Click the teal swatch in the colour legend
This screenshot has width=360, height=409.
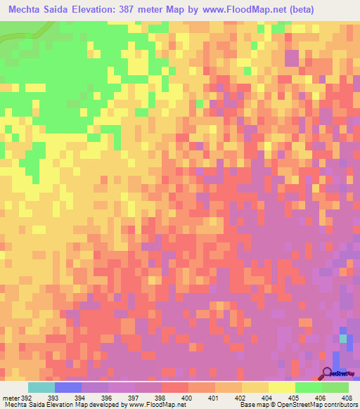pyautogui.click(x=41, y=387)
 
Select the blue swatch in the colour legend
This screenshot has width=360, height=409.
pyautogui.click(x=68, y=387)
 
